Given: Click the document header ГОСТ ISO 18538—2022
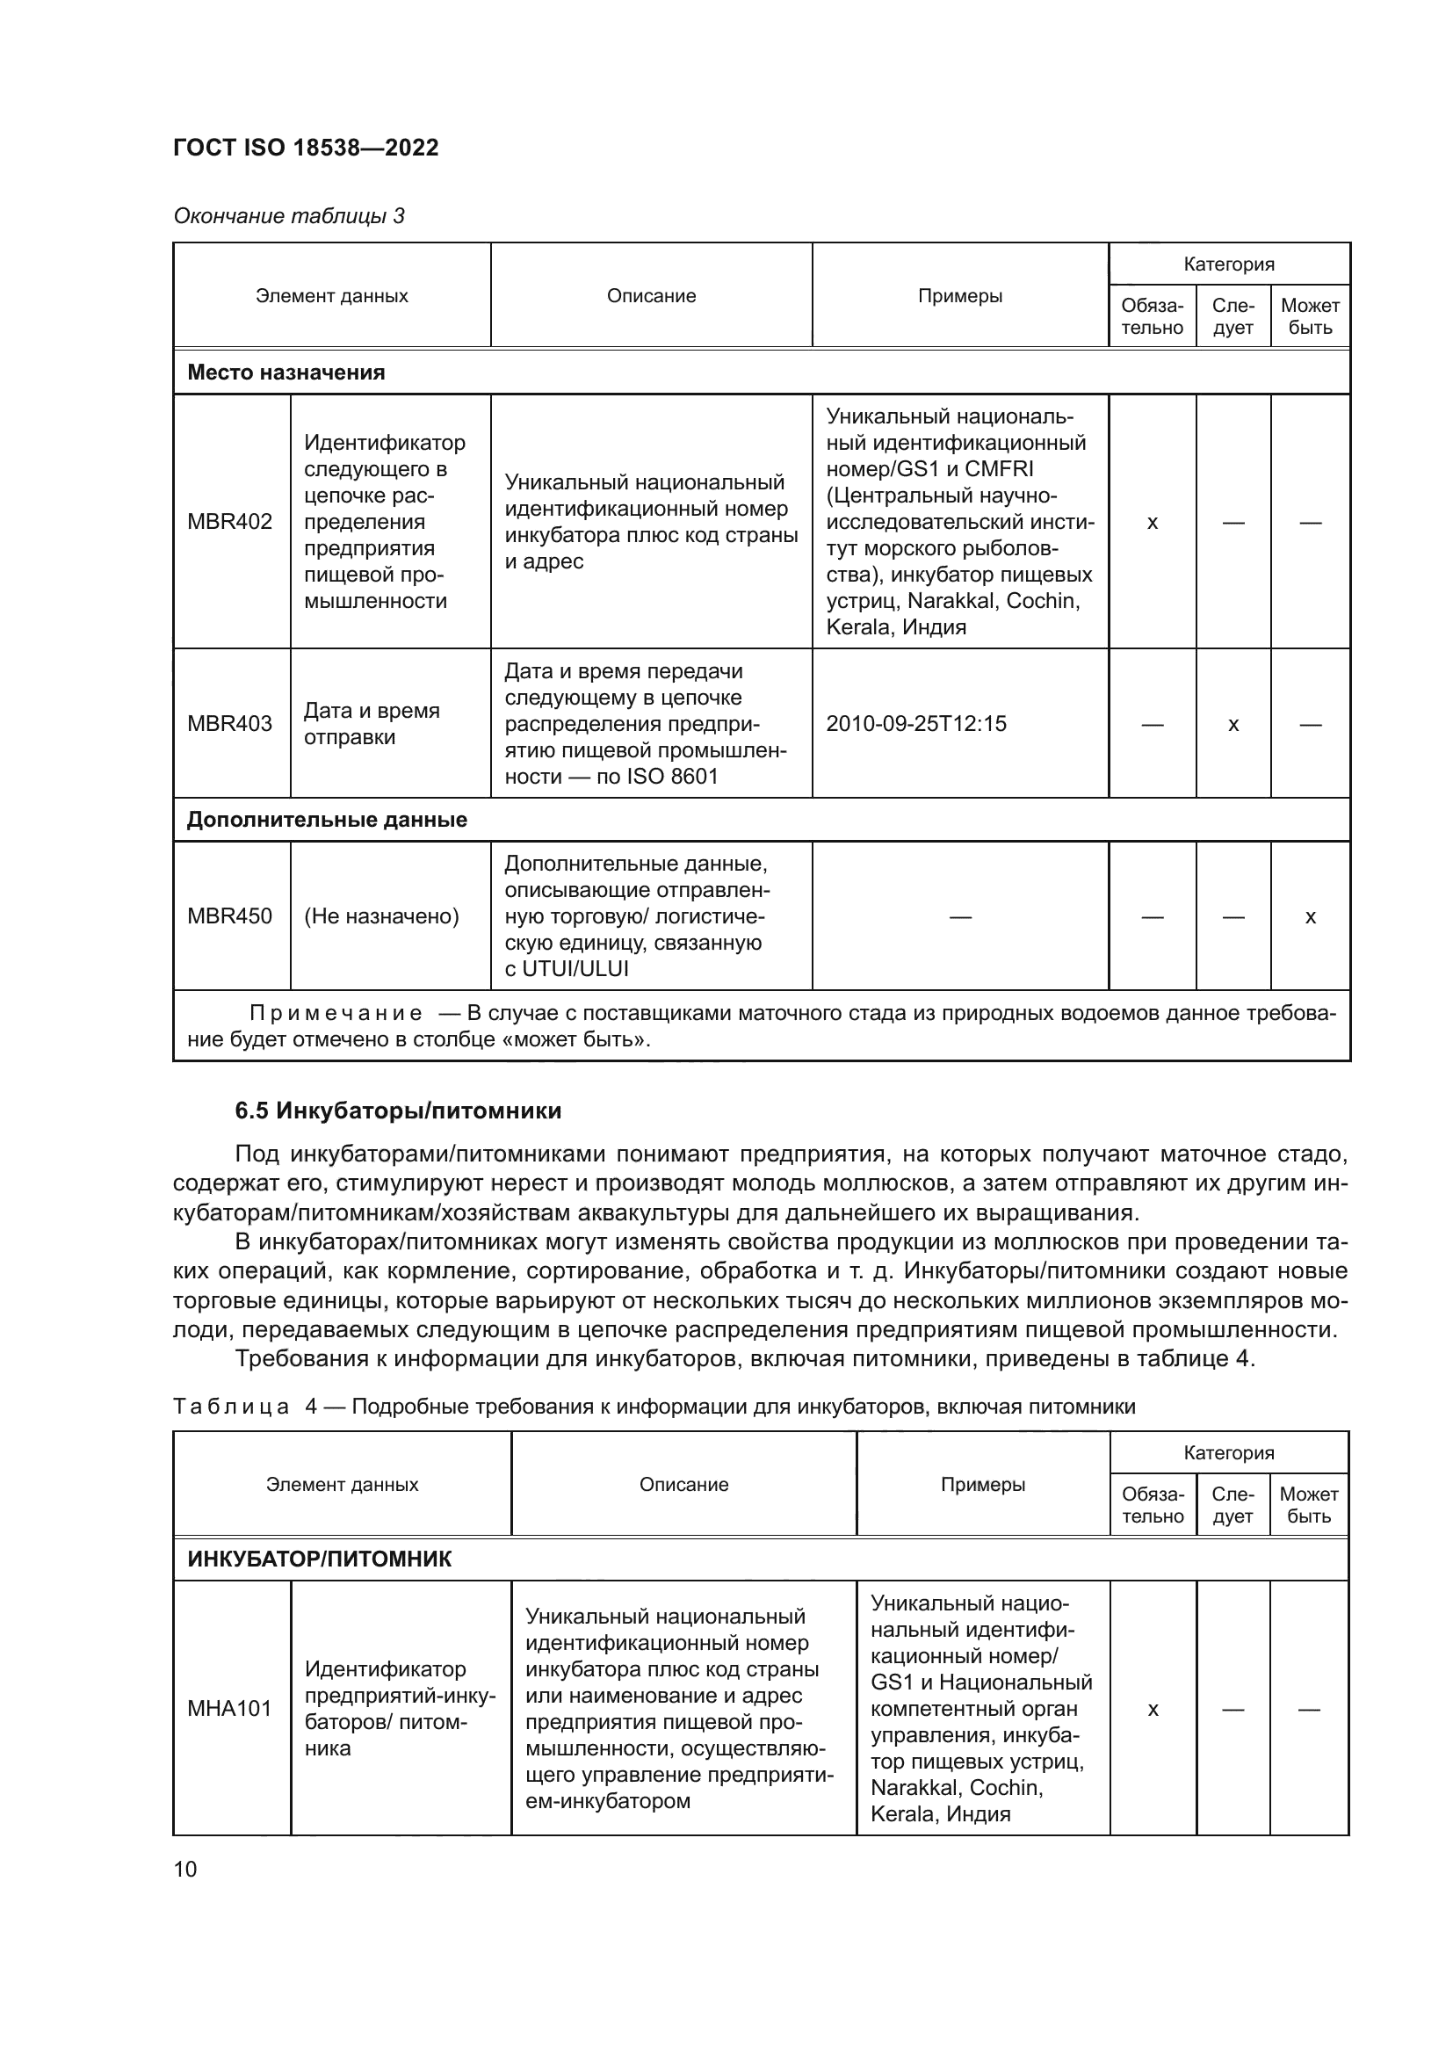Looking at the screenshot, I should [306, 148].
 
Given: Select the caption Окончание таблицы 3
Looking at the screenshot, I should [289, 216].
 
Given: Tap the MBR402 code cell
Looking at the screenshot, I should [230, 522].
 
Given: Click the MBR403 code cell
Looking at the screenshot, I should [230, 723].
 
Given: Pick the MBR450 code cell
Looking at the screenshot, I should [230, 915].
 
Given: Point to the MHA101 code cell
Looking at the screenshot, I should [230, 1709].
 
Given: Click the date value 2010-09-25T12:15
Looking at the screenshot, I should [916, 723].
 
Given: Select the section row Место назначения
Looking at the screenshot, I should [286, 373].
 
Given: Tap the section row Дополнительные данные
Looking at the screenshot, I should [327, 820].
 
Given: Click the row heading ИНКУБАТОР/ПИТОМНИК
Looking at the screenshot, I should [320, 1559].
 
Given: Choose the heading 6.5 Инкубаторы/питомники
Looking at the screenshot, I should [398, 1111].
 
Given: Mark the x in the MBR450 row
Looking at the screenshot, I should [1310, 916].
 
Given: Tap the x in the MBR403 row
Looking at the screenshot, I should [1233, 724].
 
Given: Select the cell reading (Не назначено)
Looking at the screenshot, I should [381, 915].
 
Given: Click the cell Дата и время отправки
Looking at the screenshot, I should [372, 723].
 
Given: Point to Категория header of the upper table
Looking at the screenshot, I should [1228, 264].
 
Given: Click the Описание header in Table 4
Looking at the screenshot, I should [683, 1484].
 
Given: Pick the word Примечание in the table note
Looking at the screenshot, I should [336, 1013].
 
